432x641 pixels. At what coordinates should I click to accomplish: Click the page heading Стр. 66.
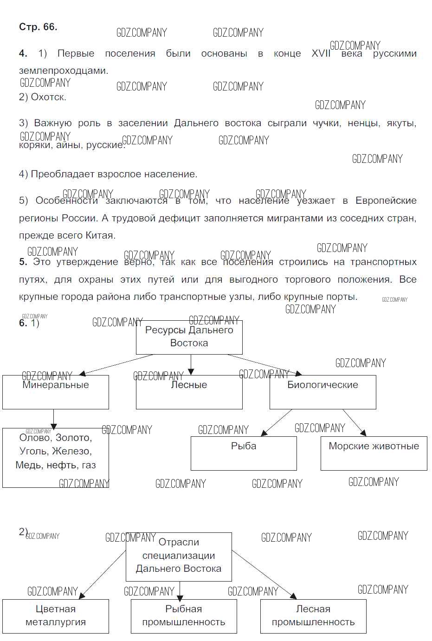coord(38,27)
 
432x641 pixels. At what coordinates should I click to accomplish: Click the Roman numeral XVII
coord(321,53)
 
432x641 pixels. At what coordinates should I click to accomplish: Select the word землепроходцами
coord(63,71)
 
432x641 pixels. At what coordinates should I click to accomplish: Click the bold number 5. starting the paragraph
coord(23,262)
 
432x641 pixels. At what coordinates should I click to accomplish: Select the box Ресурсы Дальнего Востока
coord(189,337)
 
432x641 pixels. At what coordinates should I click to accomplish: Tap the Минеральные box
coord(55,392)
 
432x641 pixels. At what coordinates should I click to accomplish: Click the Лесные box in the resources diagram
coord(189,392)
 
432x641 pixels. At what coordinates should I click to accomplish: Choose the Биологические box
coord(322,392)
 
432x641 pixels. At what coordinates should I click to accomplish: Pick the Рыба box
coord(244,453)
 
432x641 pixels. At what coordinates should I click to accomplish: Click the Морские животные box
coord(374,453)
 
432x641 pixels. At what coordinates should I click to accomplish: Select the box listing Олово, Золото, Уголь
coord(55,457)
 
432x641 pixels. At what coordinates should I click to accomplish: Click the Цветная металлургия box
coord(55,616)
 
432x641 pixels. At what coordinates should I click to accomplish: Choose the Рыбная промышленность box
coord(184,616)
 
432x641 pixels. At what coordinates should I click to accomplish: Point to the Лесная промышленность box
coord(313,616)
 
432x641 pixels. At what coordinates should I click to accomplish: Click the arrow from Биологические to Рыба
coord(277,422)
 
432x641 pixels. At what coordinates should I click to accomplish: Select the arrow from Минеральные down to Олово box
coord(53,419)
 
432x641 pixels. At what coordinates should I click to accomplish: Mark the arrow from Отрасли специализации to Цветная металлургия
coord(103,574)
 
